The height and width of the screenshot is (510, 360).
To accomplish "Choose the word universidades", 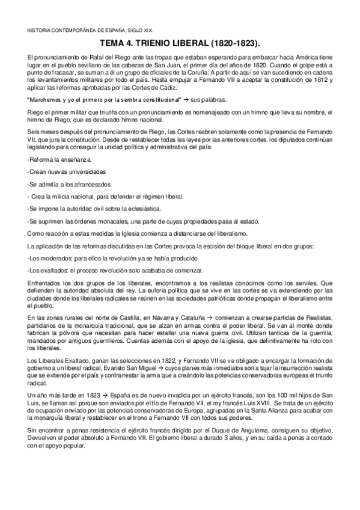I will pyautogui.click(x=84, y=171).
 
